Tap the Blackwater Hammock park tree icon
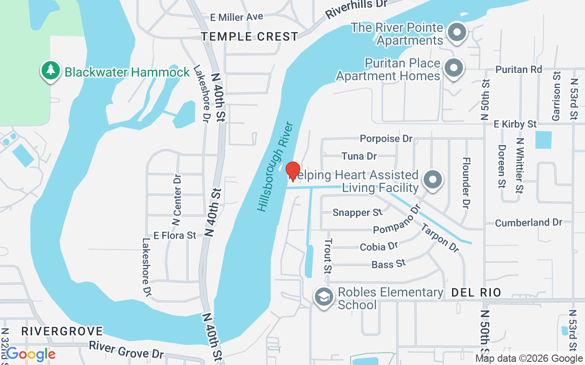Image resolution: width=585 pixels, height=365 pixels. tap(50, 70)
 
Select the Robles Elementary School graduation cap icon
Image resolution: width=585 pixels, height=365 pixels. tap(324, 297)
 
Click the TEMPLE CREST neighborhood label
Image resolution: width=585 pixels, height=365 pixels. tap(250, 36)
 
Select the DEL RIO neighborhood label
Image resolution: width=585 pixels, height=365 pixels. tap(476, 292)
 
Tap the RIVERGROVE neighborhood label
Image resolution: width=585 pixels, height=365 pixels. tap(62, 331)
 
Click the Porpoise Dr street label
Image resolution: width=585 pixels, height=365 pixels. tap(386, 138)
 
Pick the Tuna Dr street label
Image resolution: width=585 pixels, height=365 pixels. tap(359, 156)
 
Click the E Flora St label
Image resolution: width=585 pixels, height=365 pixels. tap(175, 235)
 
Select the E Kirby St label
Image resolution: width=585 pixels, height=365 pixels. tap(515, 124)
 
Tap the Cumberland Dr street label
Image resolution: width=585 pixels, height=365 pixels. tap(528, 223)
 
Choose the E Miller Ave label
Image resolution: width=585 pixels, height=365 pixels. tap(236, 17)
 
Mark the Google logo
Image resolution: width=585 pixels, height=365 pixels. tap(31, 354)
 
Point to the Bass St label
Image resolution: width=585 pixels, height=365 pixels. tap(388, 264)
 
